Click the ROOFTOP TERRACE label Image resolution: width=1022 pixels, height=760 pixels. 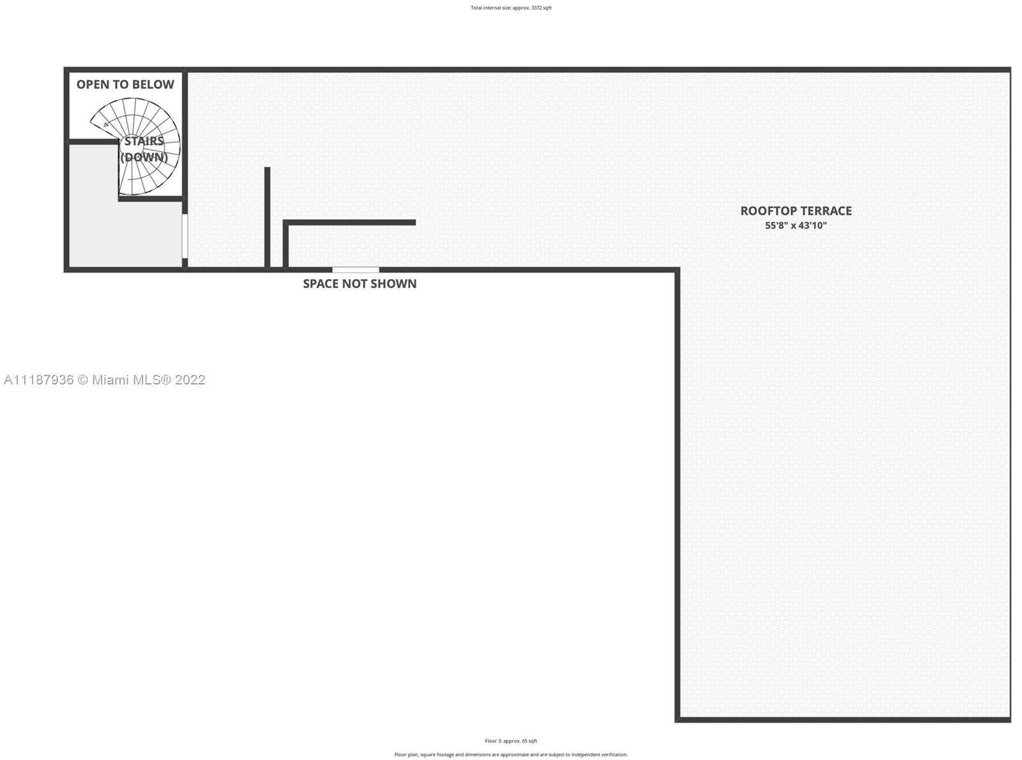coord(796,211)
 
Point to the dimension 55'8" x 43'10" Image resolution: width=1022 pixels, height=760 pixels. coord(796,225)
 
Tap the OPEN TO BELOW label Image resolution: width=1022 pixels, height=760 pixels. coord(125,84)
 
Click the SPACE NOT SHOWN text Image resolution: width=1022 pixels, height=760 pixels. coord(360,284)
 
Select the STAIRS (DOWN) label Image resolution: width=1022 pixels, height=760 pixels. coord(144,149)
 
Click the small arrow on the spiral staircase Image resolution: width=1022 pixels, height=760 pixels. coord(107,123)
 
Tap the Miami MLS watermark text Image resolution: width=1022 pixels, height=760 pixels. coord(104,379)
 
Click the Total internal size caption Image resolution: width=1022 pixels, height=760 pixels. coord(511,8)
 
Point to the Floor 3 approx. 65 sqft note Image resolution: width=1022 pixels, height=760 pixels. coord(510,741)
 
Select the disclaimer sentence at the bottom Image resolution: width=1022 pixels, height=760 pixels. coord(510,754)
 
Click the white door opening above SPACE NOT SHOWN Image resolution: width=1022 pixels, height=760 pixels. coord(356,270)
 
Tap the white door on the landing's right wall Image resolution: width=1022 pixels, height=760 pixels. coord(185,236)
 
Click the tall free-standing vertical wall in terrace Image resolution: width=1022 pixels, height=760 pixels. coord(267,217)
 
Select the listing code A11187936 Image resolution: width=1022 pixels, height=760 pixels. coord(39,379)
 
